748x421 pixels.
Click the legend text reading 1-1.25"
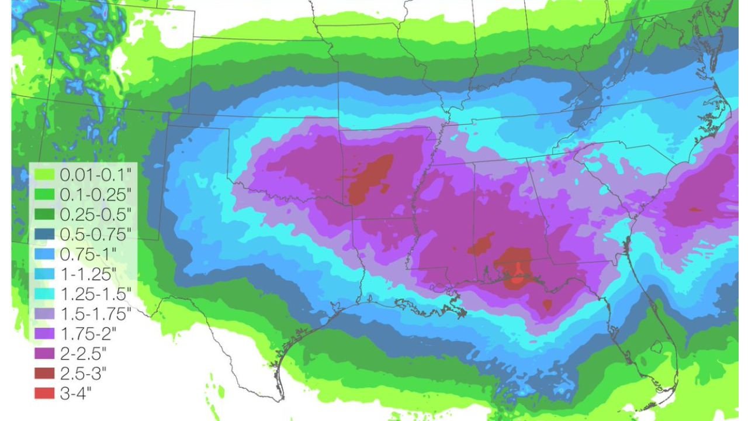88,274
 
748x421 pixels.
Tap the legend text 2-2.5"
85,353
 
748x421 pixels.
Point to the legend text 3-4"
77,393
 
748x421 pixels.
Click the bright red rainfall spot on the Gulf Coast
516,278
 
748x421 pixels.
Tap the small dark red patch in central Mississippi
481,244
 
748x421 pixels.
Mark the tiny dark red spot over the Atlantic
694,209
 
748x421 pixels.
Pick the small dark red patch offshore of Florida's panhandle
547,305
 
